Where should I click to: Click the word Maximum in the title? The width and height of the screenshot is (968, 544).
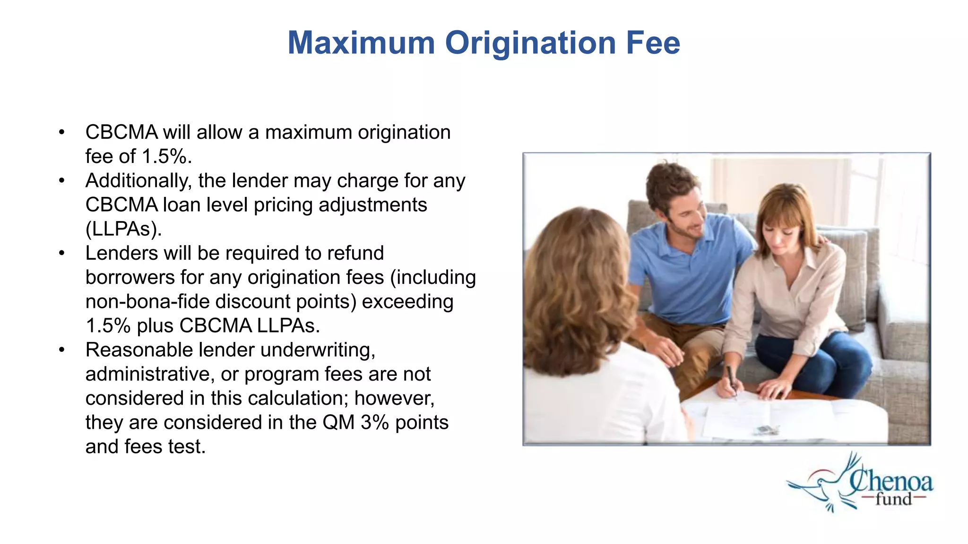point(361,43)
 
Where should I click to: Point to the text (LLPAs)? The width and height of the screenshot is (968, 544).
point(123,229)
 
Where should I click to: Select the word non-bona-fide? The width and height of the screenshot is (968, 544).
point(150,302)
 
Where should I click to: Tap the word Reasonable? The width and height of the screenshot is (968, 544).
point(138,350)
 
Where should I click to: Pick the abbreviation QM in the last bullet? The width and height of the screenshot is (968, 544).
point(338,423)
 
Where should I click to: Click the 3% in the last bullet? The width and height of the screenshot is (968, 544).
point(374,423)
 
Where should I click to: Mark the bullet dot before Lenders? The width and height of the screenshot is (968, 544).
point(61,254)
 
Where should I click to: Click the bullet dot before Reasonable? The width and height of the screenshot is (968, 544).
point(61,350)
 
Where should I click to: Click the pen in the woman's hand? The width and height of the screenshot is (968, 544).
point(732,380)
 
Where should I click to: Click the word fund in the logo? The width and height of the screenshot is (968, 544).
point(893,499)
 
